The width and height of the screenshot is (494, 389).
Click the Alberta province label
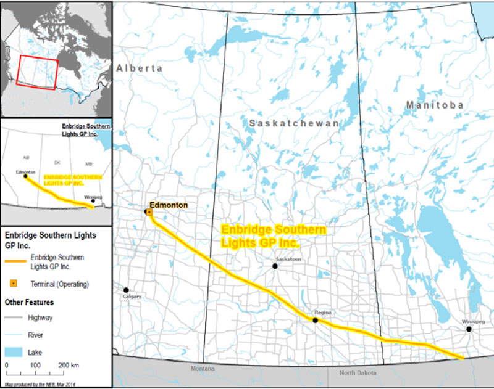click(x=140, y=68)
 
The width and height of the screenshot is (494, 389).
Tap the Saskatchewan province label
click(x=294, y=124)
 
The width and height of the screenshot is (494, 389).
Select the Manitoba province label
click(x=435, y=105)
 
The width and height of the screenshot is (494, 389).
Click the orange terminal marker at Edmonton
click(x=149, y=212)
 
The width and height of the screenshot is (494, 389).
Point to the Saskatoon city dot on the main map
click(x=275, y=266)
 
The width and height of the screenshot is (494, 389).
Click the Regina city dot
click(x=316, y=321)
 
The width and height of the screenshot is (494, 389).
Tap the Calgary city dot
click(x=126, y=290)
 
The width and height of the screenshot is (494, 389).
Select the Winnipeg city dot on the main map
click(x=469, y=329)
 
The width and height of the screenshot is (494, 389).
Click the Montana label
click(x=202, y=368)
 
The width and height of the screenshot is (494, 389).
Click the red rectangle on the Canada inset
click(x=38, y=72)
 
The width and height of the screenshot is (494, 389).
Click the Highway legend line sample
click(x=15, y=318)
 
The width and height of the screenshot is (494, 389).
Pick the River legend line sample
click(x=15, y=334)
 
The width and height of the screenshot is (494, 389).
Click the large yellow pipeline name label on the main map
click(x=274, y=236)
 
